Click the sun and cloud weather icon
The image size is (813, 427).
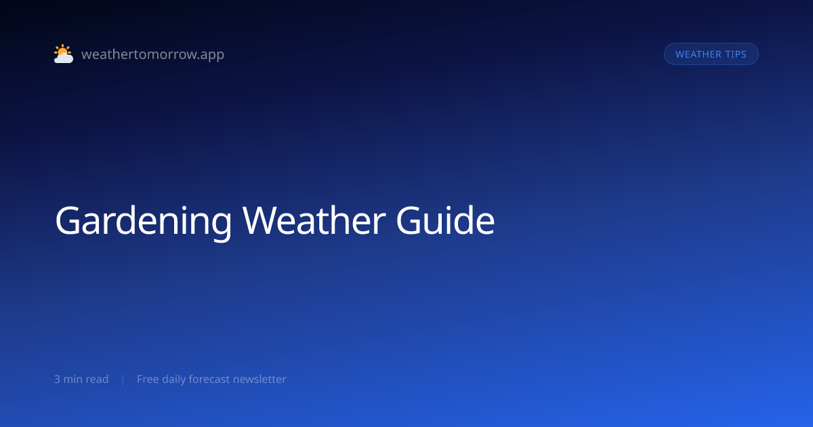pos(64,54)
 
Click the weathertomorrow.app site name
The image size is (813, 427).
pos(153,54)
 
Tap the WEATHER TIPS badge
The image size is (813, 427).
pos(711,54)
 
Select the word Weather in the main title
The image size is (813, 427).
pos(314,221)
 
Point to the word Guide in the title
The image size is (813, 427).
pos(445,220)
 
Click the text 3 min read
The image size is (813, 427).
pos(81,379)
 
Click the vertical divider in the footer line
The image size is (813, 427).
pos(123,380)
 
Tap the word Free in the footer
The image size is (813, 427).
pos(148,379)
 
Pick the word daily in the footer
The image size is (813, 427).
pos(173,380)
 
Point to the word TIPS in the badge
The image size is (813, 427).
pos(736,54)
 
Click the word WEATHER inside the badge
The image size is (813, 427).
pos(699,54)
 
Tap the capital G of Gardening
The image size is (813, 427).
pos(67,221)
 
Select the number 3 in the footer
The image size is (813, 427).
pos(57,379)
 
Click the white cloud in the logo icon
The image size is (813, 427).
pos(64,58)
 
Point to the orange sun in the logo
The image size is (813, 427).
pos(62,50)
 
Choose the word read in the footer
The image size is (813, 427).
pos(98,379)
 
